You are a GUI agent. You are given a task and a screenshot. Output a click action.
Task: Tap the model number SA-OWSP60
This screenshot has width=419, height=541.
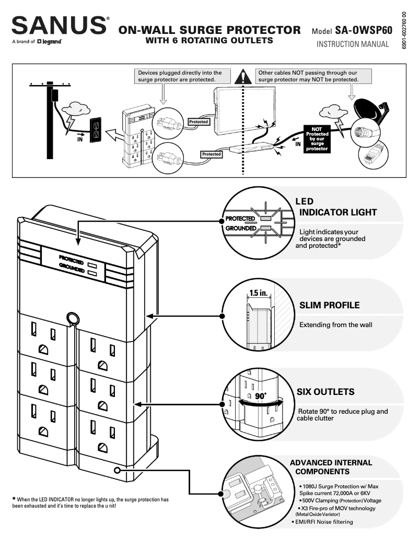pos(364,31)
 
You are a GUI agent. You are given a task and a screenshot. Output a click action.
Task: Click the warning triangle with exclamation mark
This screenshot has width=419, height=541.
pos(242,77)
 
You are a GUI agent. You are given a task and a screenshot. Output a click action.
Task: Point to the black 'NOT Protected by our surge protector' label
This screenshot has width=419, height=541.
pos(317,139)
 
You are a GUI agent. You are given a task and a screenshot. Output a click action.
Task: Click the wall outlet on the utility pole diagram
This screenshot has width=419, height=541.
pos(96,129)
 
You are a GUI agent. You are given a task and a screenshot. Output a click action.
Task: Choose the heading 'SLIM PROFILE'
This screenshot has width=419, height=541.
pos(329,305)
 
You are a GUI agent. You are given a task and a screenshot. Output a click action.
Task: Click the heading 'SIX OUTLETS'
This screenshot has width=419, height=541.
pos(325,392)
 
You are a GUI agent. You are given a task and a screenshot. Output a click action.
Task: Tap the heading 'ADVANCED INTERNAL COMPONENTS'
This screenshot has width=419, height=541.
pos(331,467)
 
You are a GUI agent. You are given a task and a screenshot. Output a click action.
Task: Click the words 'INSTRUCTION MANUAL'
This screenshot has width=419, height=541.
pos(353,44)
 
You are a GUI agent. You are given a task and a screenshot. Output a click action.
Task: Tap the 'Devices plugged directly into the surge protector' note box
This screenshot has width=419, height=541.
pos(180,76)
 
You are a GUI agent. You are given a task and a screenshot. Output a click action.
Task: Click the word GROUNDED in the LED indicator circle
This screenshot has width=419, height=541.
pos(240,228)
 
